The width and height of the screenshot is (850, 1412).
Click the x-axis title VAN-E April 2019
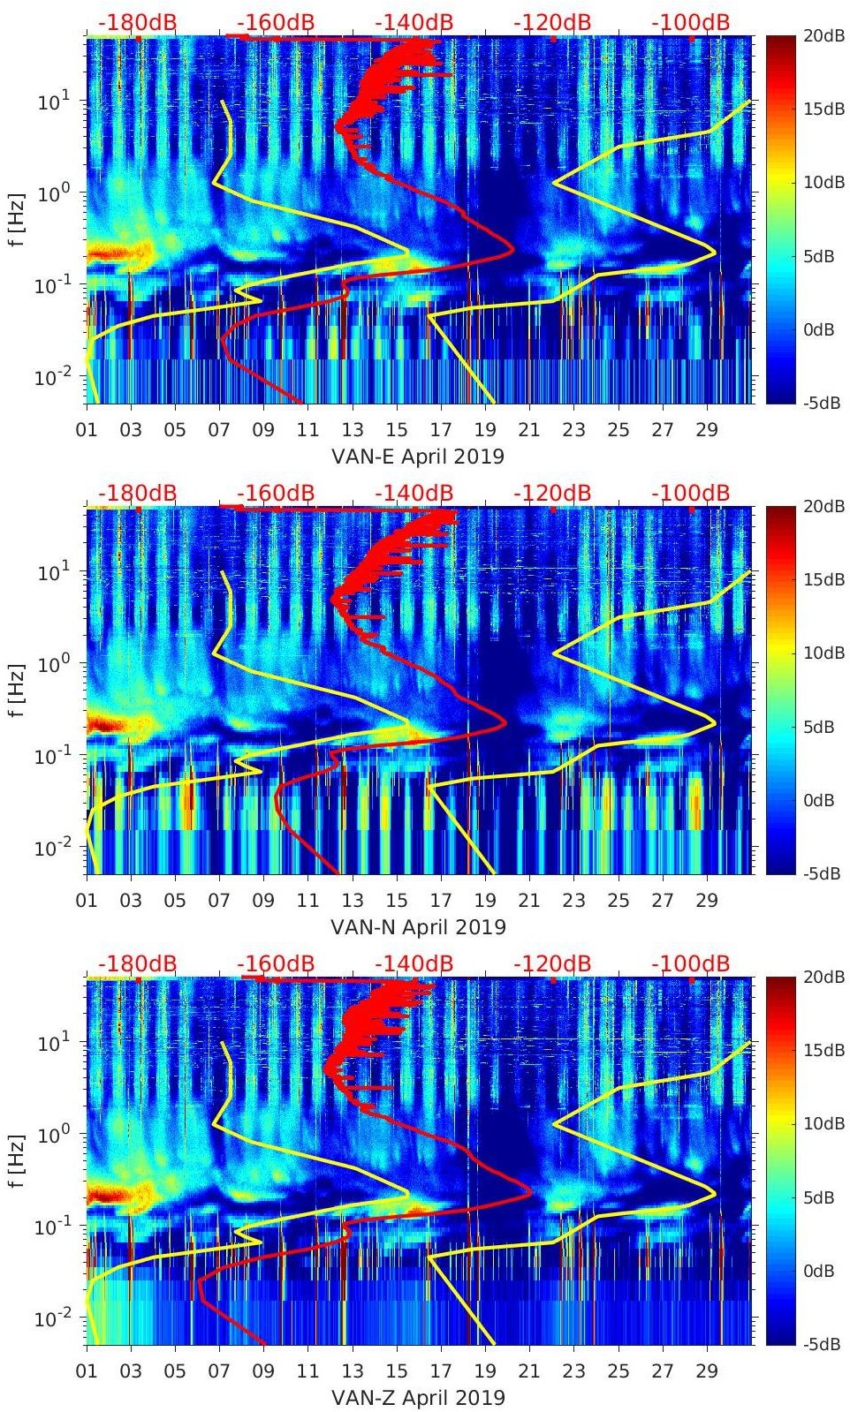click(418, 457)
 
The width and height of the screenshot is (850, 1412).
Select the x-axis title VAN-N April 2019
click(418, 927)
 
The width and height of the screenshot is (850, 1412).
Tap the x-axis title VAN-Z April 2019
click(418, 1398)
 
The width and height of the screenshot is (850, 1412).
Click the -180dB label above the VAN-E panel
click(137, 22)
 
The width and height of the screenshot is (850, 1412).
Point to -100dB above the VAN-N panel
click(690, 493)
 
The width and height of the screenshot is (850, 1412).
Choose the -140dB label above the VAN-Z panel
click(414, 963)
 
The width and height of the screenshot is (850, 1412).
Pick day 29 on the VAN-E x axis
click(706, 430)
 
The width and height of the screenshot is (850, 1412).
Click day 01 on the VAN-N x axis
click(87, 901)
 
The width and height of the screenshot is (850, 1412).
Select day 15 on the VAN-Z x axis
click(397, 1371)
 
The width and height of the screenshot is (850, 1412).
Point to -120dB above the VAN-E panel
click(552, 22)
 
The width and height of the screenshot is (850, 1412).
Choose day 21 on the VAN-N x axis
click(529, 901)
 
